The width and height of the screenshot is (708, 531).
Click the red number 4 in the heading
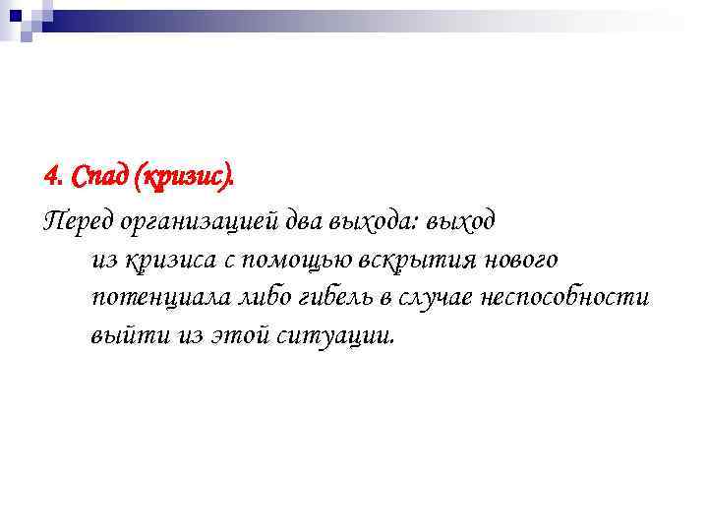point(51,178)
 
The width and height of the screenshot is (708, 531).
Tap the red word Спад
point(98,178)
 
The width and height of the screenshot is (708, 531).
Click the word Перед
point(77,222)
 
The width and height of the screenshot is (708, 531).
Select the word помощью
point(294,260)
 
